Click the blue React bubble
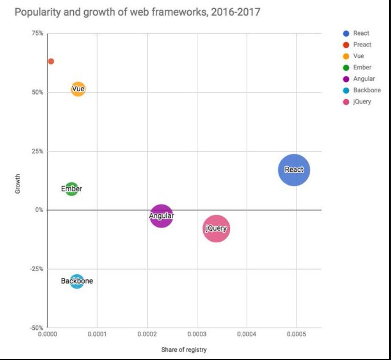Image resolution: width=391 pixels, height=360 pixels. (x=294, y=169)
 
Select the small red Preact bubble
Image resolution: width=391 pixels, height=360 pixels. (x=51, y=61)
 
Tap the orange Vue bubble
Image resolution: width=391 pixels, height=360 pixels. (x=78, y=89)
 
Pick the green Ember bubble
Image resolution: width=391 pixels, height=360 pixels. (x=71, y=188)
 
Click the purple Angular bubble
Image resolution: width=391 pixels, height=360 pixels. (x=161, y=216)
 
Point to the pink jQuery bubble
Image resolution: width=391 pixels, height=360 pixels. (x=216, y=228)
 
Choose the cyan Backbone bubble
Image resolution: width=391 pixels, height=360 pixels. (x=77, y=281)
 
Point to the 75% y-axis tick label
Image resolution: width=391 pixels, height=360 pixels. (x=37, y=33)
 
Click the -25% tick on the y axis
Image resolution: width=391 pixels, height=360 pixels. (x=36, y=269)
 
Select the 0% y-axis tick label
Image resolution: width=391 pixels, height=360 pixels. (x=39, y=210)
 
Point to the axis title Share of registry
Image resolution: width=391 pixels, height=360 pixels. (x=184, y=350)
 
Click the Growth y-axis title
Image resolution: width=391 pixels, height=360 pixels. (x=18, y=183)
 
